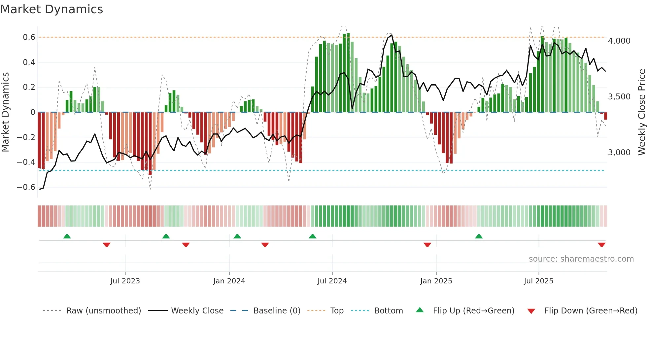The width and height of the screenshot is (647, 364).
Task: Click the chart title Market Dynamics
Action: pyautogui.click(x=51, y=9)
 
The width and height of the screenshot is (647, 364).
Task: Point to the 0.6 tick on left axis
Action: pyautogui.click(x=29, y=37)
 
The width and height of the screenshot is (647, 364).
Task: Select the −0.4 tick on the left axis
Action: pyautogui.click(x=26, y=162)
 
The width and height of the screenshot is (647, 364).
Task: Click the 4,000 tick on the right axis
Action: pyautogui.click(x=619, y=41)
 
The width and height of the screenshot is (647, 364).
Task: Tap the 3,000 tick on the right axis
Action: pyautogui.click(x=619, y=153)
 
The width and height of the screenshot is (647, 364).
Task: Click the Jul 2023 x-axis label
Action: pyautogui.click(x=125, y=281)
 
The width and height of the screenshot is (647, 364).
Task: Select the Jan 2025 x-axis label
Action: pyautogui.click(x=436, y=281)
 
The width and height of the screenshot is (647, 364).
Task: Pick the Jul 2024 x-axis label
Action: pyautogui.click(x=332, y=281)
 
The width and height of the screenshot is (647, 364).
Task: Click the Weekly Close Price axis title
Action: pyautogui.click(x=641, y=112)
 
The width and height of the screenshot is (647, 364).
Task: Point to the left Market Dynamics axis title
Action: pyautogui.click(x=5, y=112)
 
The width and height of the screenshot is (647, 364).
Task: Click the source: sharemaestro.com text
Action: pyautogui.click(x=581, y=259)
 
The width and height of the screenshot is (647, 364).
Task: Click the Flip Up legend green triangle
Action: pyautogui.click(x=420, y=310)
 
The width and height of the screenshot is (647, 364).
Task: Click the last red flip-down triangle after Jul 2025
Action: pyautogui.click(x=601, y=245)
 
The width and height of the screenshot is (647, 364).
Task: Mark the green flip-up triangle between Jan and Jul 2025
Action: pyautogui.click(x=479, y=236)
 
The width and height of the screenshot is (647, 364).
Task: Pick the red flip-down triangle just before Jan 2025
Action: pyautogui.click(x=427, y=245)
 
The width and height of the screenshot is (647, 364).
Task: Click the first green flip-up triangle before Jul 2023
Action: pyautogui.click(x=67, y=236)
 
